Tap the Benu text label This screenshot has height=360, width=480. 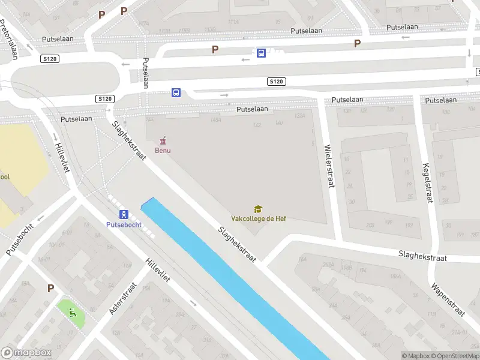[163, 151]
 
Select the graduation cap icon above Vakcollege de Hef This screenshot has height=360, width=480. [258, 209]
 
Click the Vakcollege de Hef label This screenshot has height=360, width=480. [259, 218]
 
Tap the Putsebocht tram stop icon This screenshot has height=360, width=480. [124, 214]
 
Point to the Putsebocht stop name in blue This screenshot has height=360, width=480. [124, 225]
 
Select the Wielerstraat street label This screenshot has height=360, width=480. [328, 166]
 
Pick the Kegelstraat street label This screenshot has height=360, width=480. [428, 183]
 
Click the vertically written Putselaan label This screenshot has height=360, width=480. [145, 73]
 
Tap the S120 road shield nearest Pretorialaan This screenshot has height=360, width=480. [50, 59]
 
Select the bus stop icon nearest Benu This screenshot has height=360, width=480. [176, 92]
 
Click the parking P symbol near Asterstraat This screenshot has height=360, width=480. [50, 289]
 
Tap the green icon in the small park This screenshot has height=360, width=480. [71, 311]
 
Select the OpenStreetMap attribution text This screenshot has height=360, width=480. [454, 356]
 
